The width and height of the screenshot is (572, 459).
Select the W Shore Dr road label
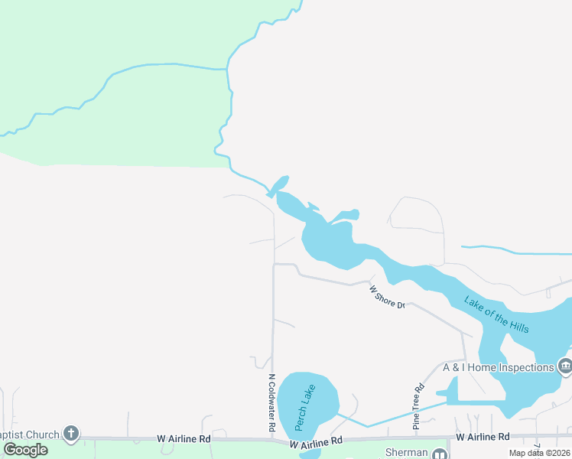pos(387,298)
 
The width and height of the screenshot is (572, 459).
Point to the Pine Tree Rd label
pos(418,409)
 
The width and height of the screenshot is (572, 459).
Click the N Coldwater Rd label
pos(271,403)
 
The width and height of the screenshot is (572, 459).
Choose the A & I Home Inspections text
pos(498,367)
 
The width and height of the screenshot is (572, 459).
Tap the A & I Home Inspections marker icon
pos(565,366)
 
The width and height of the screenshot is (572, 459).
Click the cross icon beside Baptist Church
pos(70,435)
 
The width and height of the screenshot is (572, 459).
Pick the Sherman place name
pos(406,453)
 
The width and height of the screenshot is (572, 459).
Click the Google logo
pos(25,450)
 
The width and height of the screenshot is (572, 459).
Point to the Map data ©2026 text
pos(540,453)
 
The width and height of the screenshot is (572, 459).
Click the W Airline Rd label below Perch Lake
pos(317,441)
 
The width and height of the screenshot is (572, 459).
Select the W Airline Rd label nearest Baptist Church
pos(184,439)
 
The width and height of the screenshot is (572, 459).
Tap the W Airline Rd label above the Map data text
pos(483,437)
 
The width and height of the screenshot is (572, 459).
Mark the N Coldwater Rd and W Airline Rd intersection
pos(273,440)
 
